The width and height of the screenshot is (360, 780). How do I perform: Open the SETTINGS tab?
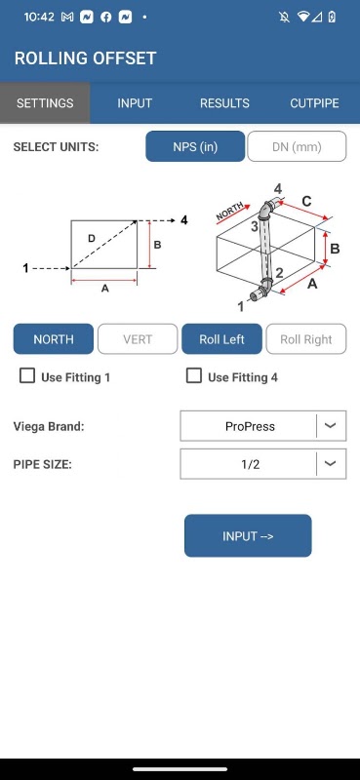(x=45, y=103)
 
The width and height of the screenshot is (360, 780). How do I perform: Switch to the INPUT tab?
(x=135, y=103)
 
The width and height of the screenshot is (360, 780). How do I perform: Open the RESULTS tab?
(x=224, y=103)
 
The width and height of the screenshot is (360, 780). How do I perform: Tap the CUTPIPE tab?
(x=315, y=103)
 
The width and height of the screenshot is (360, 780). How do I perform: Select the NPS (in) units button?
(x=195, y=146)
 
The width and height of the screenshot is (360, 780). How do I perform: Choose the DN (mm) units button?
(x=297, y=146)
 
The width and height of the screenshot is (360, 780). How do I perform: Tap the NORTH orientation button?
(x=54, y=338)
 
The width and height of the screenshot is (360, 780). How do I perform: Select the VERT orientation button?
(x=138, y=338)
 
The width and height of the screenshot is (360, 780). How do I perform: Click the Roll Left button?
(x=221, y=338)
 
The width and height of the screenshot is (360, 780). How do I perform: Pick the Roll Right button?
(x=306, y=338)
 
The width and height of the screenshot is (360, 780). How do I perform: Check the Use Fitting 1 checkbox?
(x=27, y=375)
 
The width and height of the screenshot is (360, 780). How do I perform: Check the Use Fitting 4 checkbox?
(x=194, y=375)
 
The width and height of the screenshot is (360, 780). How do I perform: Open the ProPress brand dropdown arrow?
(x=331, y=426)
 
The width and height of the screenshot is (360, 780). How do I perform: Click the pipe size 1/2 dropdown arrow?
(x=331, y=464)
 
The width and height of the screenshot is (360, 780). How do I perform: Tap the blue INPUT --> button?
(x=248, y=535)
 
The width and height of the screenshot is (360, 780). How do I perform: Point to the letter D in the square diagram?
(x=92, y=239)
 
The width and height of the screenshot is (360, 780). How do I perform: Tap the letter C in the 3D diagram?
(x=306, y=201)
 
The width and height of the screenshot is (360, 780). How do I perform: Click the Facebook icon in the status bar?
(x=105, y=17)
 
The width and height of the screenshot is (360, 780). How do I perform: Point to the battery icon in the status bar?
(x=332, y=17)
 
